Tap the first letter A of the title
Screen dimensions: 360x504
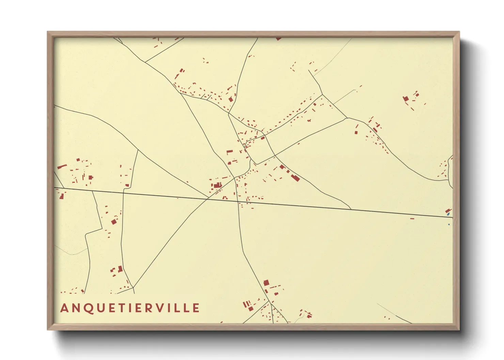pyautogui.click(x=64, y=308)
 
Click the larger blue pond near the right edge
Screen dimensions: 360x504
pyautogui.click(x=448, y=214)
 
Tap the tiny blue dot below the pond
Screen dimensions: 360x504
pyautogui.click(x=449, y=224)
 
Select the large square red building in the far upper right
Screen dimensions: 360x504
pyautogui.click(x=406, y=99)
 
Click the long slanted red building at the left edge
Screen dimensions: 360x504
pyautogui.click(x=62, y=166)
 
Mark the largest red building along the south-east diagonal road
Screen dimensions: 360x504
pyautogui.click(x=295, y=178)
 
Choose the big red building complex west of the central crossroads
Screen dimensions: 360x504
pyautogui.click(x=216, y=185)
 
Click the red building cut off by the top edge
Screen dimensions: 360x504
pyautogui.click(x=279, y=39)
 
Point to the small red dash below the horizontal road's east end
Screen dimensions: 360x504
pyautogui.click(x=412, y=218)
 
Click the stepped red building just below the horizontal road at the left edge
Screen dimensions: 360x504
pyautogui.click(x=62, y=195)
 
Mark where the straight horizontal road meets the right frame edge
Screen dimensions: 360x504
pyautogui.click(x=453, y=217)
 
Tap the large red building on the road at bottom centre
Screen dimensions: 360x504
pyautogui.click(x=266, y=283)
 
